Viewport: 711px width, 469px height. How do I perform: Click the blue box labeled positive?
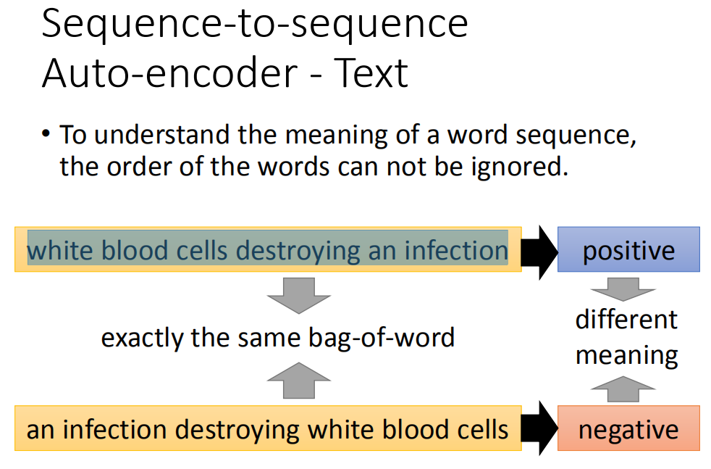(x=628, y=249)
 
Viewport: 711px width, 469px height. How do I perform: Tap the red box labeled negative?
(x=628, y=428)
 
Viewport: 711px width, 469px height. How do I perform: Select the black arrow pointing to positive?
(x=539, y=252)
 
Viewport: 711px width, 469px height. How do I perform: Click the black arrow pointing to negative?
(x=539, y=428)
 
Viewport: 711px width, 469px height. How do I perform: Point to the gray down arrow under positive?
(x=623, y=289)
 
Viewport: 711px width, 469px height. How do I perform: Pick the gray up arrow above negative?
(x=623, y=389)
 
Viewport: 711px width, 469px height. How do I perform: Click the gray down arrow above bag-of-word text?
(x=299, y=295)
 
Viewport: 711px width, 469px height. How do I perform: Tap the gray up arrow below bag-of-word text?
(x=299, y=381)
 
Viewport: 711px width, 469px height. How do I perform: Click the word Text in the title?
(x=371, y=72)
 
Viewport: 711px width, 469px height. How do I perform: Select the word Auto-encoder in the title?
(x=170, y=72)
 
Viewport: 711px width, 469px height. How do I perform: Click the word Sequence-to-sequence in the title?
(x=255, y=24)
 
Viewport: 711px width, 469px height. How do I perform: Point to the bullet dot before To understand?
(x=46, y=133)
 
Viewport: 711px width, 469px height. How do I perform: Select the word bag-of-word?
(x=382, y=339)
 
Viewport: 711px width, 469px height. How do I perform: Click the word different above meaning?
(x=626, y=320)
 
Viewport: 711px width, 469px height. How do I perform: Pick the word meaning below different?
(x=627, y=355)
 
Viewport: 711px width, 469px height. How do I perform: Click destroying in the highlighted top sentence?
(x=298, y=251)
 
